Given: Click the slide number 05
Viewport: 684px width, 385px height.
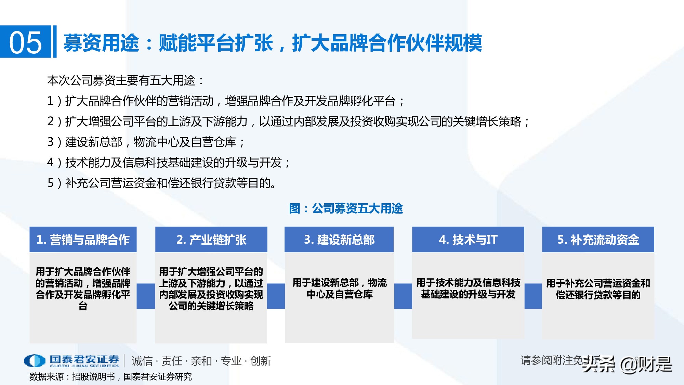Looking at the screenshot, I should (25, 42).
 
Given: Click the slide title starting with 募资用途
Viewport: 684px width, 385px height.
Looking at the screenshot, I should (272, 43).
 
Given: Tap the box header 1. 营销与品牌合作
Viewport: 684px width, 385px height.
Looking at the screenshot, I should (83, 240).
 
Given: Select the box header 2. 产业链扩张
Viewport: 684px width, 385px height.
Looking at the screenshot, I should (211, 240).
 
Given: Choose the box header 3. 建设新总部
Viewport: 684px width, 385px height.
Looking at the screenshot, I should (339, 240).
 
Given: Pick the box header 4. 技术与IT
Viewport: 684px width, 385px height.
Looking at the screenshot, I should (468, 240).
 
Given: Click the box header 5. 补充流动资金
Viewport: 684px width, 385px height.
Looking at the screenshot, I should (598, 240).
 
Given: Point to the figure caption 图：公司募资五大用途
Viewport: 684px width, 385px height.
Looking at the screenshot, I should (346, 208).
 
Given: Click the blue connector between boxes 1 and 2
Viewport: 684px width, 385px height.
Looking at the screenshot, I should (146, 296).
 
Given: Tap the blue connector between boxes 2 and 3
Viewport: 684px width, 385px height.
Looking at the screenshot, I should (276, 296).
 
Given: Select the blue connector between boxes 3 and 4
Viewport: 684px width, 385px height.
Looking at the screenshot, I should (403, 296).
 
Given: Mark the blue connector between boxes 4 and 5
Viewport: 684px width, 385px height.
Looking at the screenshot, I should (533, 296).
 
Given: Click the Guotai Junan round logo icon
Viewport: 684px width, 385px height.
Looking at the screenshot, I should (34, 361).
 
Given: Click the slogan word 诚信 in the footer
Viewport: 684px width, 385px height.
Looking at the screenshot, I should (142, 361).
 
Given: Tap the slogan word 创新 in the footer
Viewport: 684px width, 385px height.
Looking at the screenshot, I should (261, 361).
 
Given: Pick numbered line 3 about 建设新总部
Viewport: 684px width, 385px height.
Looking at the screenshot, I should (146, 142).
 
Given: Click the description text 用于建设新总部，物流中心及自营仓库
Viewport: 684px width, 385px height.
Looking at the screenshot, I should (339, 288).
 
